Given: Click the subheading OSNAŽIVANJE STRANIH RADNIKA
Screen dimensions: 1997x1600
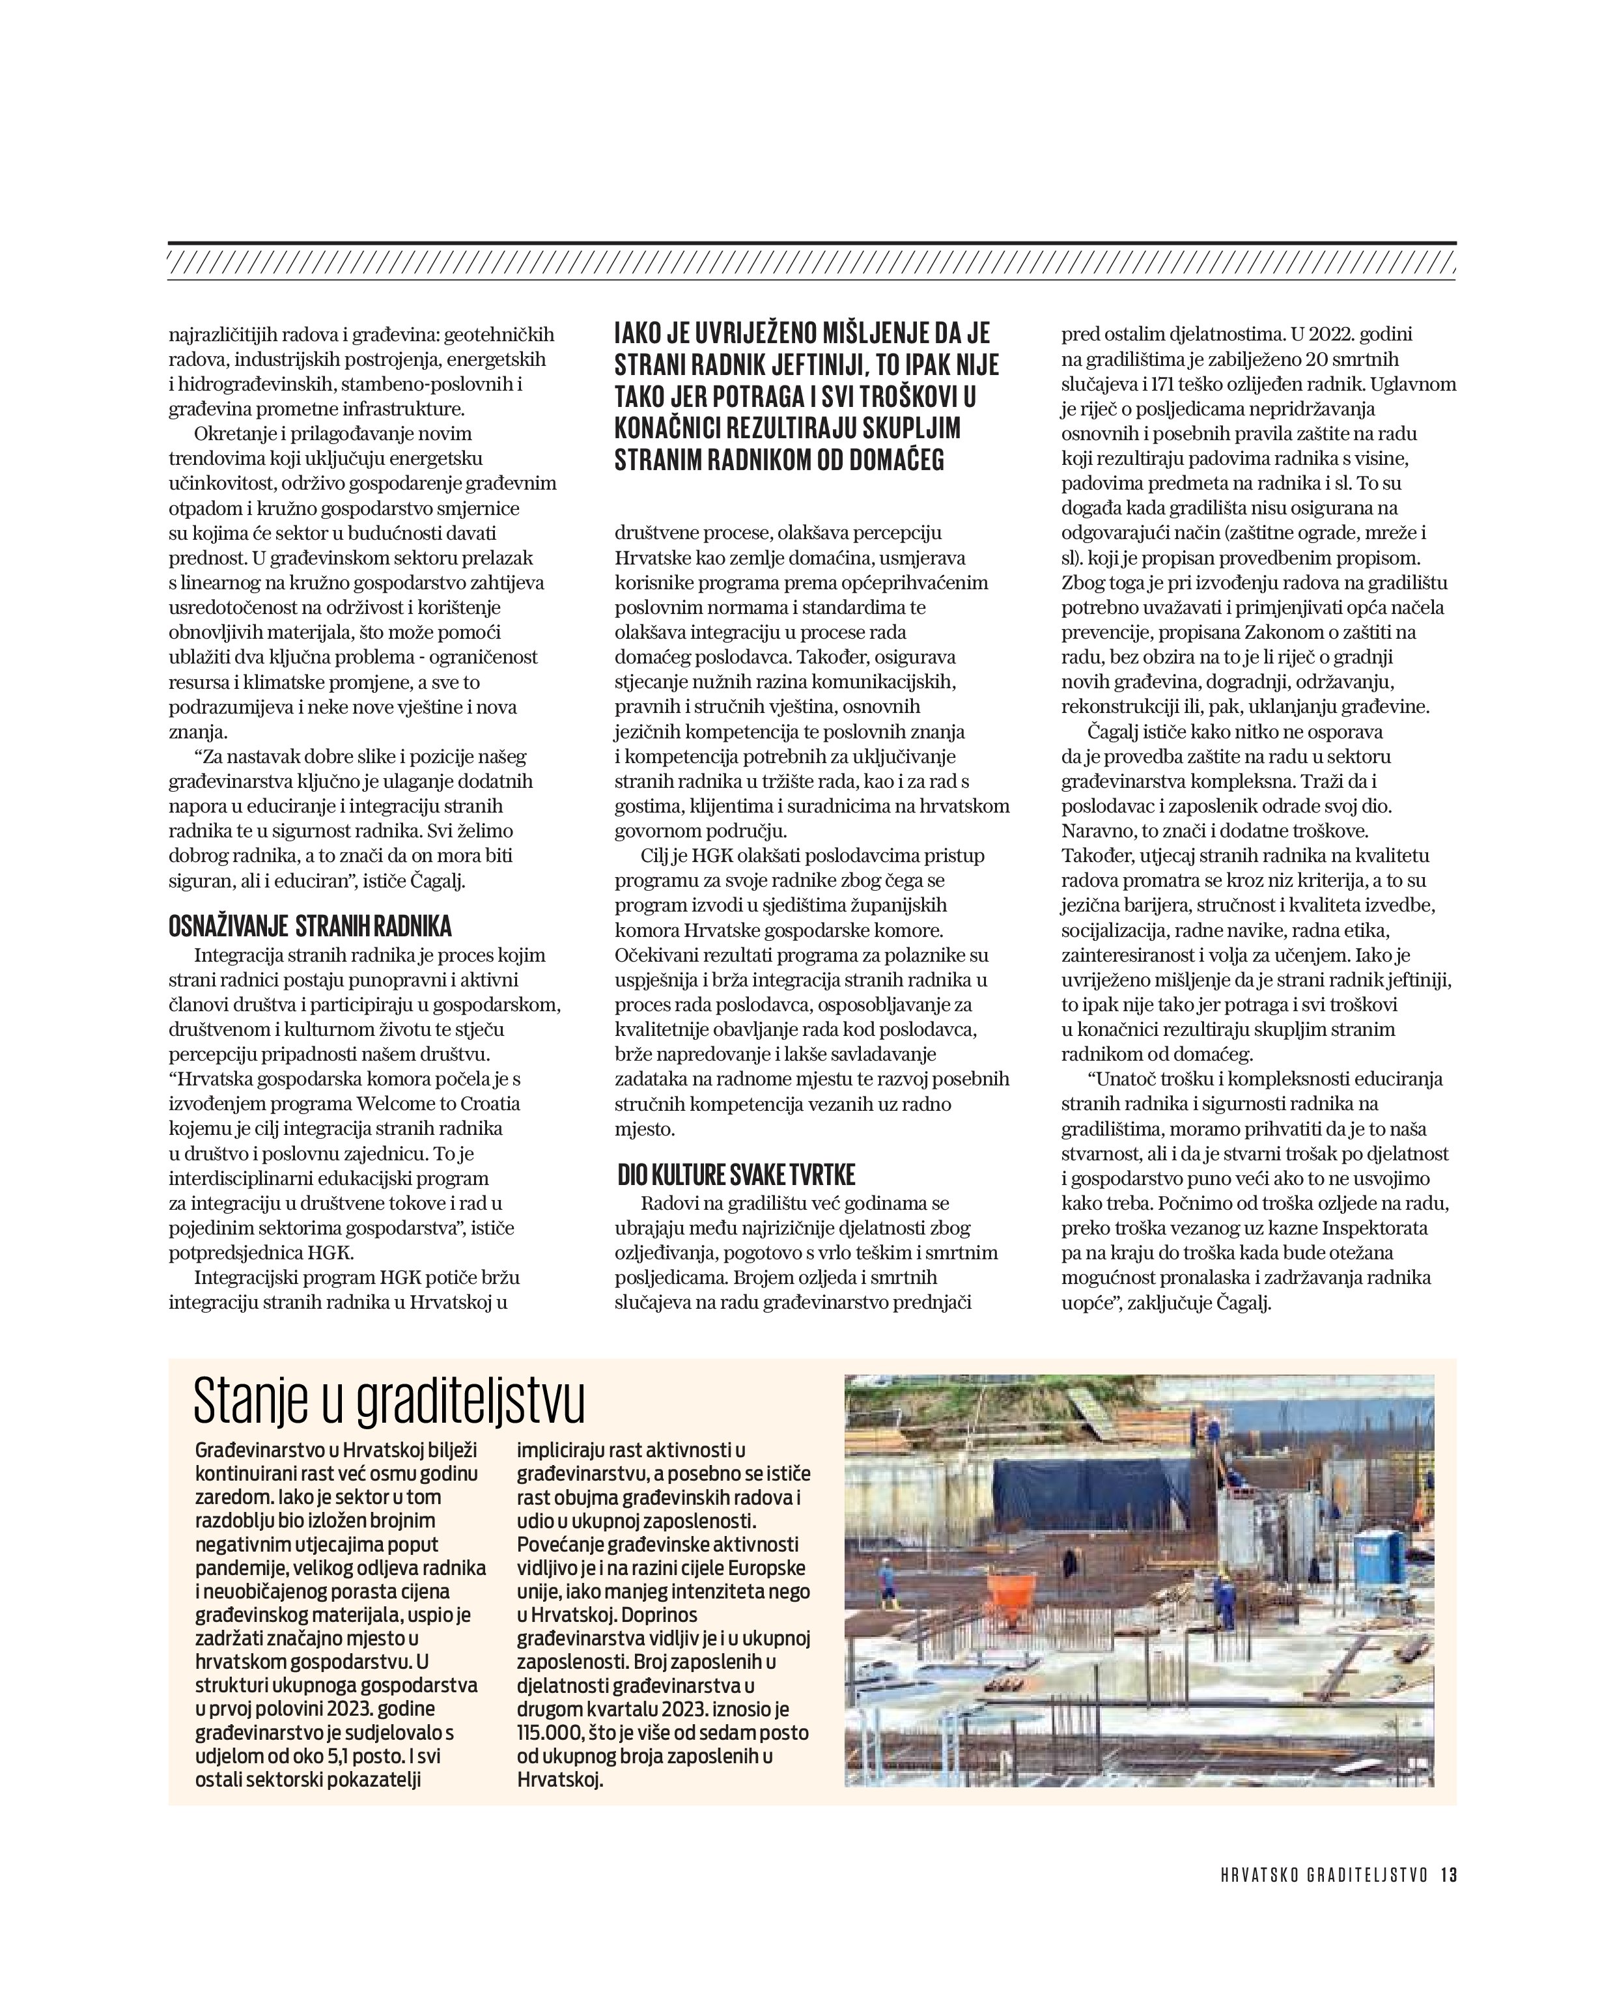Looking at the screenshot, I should (309, 927).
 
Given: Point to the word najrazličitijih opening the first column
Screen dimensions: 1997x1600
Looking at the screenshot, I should (232, 335).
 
